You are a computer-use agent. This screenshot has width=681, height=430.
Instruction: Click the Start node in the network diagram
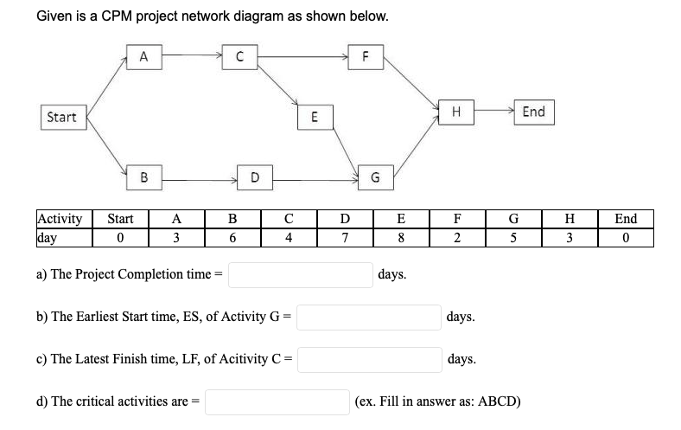click(62, 118)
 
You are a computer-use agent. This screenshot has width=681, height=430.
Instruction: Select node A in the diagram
click(145, 57)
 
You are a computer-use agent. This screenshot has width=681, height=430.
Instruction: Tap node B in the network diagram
click(145, 178)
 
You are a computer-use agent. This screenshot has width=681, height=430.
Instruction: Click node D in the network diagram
click(253, 178)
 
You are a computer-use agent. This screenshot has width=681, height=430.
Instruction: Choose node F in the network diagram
click(366, 57)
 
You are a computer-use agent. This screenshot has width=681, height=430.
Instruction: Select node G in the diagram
click(375, 178)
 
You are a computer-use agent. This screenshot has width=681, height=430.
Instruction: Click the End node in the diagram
click(533, 112)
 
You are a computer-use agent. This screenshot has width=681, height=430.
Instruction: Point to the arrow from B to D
click(199, 180)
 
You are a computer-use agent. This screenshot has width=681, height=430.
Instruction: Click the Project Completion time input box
click(301, 275)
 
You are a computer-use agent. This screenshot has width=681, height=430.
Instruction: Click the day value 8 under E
click(400, 237)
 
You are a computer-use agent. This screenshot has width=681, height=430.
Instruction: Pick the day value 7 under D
click(344, 237)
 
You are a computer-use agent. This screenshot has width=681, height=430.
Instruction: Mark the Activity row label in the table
click(60, 219)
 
